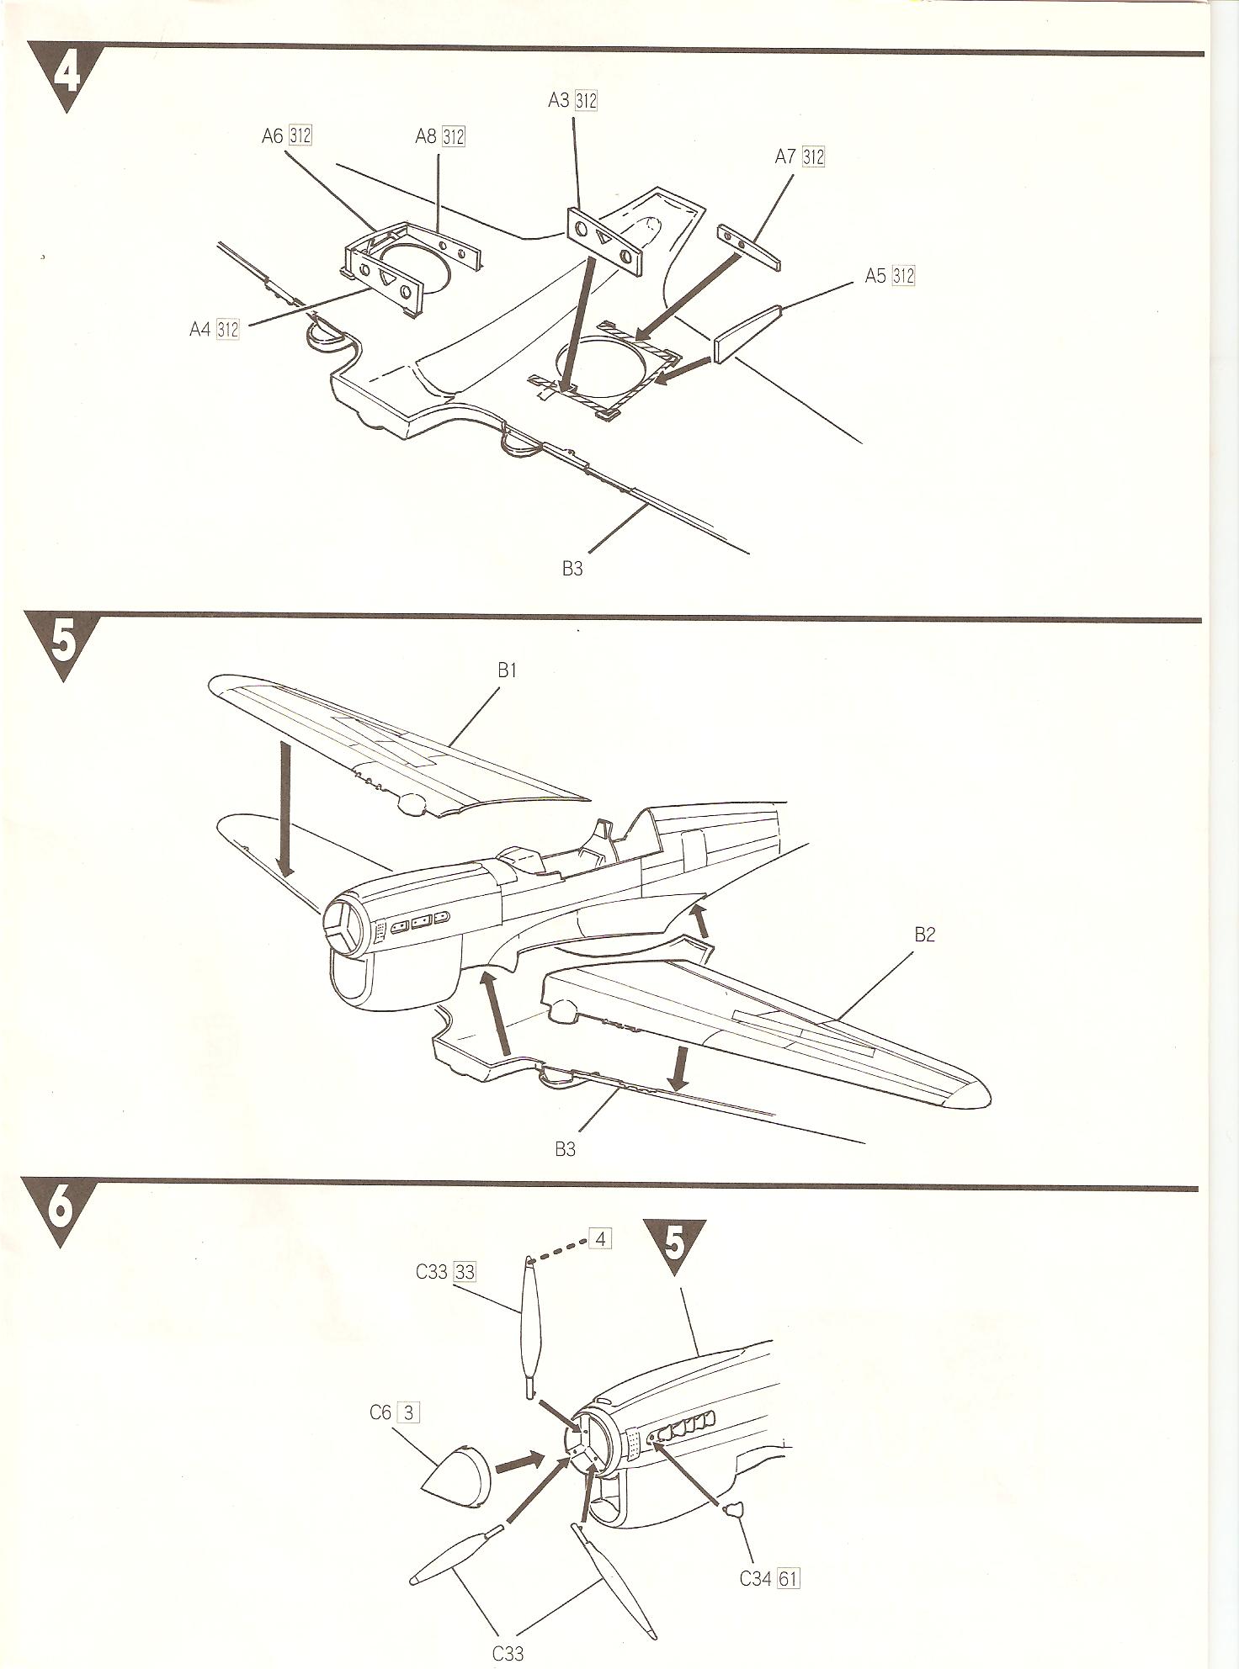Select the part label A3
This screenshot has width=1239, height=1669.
click(x=558, y=100)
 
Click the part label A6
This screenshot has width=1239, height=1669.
click(x=273, y=135)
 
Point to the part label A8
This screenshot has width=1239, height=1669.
click(x=426, y=136)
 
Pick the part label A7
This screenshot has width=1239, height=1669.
click(x=786, y=156)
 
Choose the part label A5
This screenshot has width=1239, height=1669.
click(x=876, y=275)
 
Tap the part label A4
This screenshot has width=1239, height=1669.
click(x=200, y=329)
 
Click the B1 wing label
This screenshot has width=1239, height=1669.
click(x=507, y=670)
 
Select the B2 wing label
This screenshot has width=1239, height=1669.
click(x=924, y=935)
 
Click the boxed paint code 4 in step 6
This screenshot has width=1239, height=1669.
click(x=600, y=1239)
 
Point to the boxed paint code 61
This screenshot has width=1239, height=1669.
click(x=789, y=1578)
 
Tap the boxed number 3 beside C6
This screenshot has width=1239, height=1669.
click(x=408, y=1412)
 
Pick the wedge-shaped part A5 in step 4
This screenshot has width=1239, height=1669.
click(x=747, y=334)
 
